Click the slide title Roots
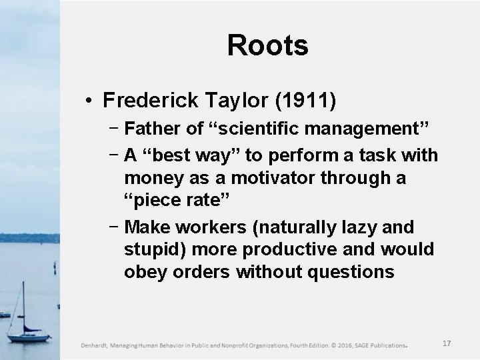(267, 46)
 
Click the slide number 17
(447, 343)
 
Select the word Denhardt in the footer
(97, 345)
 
